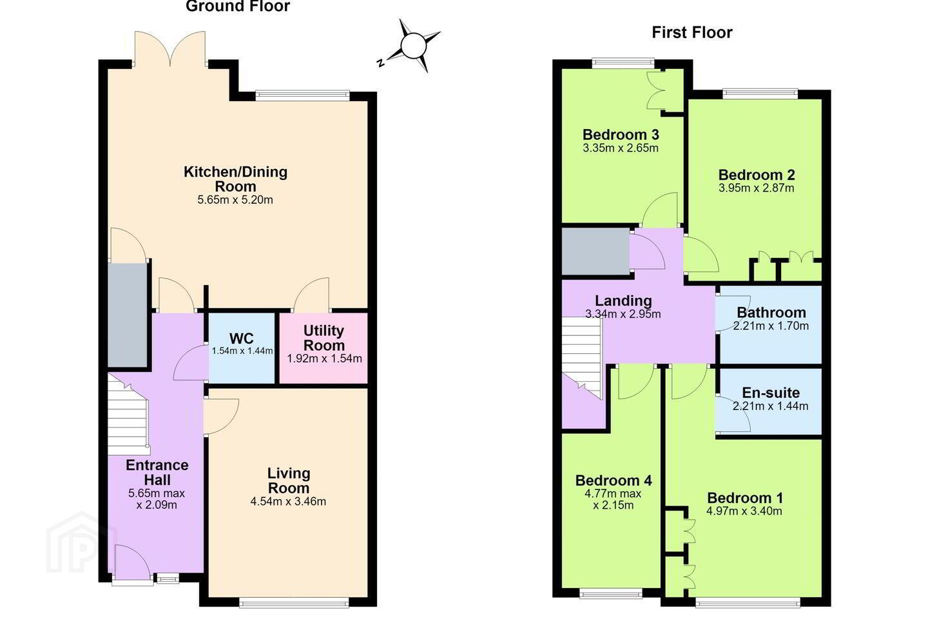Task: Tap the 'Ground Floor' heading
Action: (x=237, y=6)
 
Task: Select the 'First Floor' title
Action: (x=692, y=32)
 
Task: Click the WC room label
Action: (x=241, y=339)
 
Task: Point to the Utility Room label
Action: (x=324, y=338)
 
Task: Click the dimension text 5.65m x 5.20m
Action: (x=235, y=200)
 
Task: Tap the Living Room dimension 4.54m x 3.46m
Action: (x=288, y=502)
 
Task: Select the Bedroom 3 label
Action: (x=621, y=134)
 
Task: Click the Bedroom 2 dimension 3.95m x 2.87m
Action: (x=756, y=188)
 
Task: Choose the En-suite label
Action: (x=771, y=392)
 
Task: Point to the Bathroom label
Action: (x=771, y=312)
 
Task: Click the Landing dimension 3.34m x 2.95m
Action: (x=623, y=314)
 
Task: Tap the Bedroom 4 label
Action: (x=613, y=480)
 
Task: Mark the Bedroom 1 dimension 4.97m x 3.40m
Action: (x=744, y=511)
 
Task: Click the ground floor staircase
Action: (x=128, y=415)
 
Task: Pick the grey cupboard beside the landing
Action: (x=595, y=251)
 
